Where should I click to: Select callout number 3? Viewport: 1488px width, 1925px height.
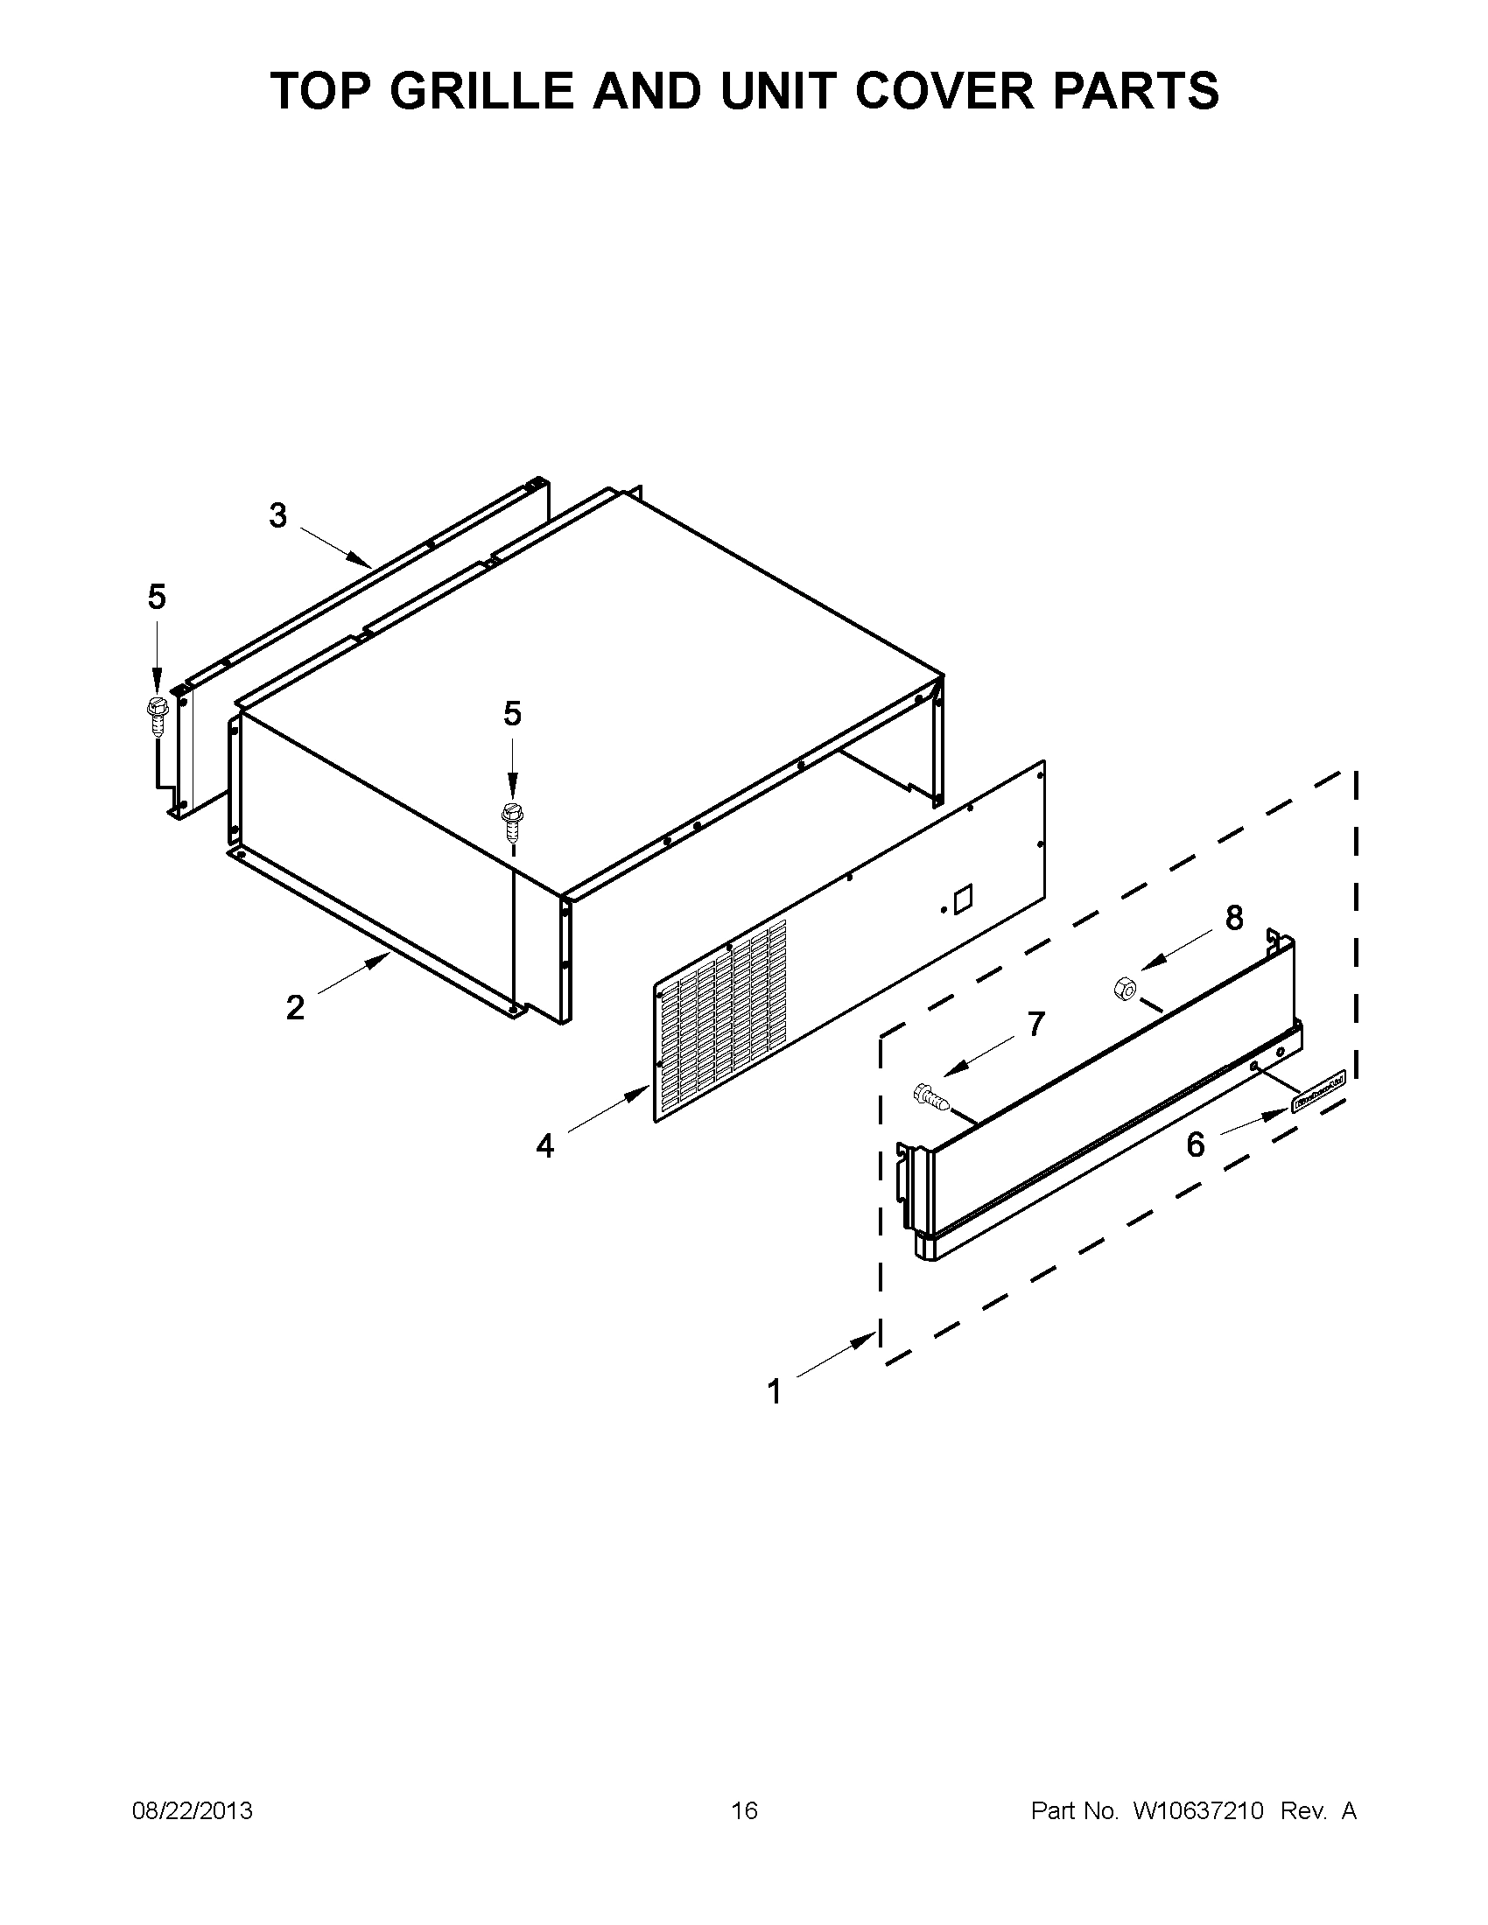tap(278, 515)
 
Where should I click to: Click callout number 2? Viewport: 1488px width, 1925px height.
tap(295, 1007)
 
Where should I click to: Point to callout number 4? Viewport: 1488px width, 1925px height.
tap(545, 1146)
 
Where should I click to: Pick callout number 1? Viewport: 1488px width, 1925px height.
tap(775, 1392)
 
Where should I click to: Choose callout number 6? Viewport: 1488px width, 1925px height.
tap(1196, 1144)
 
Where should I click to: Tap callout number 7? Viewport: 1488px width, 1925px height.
tap(1035, 1025)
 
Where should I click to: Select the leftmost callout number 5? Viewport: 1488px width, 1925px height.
tap(156, 598)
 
